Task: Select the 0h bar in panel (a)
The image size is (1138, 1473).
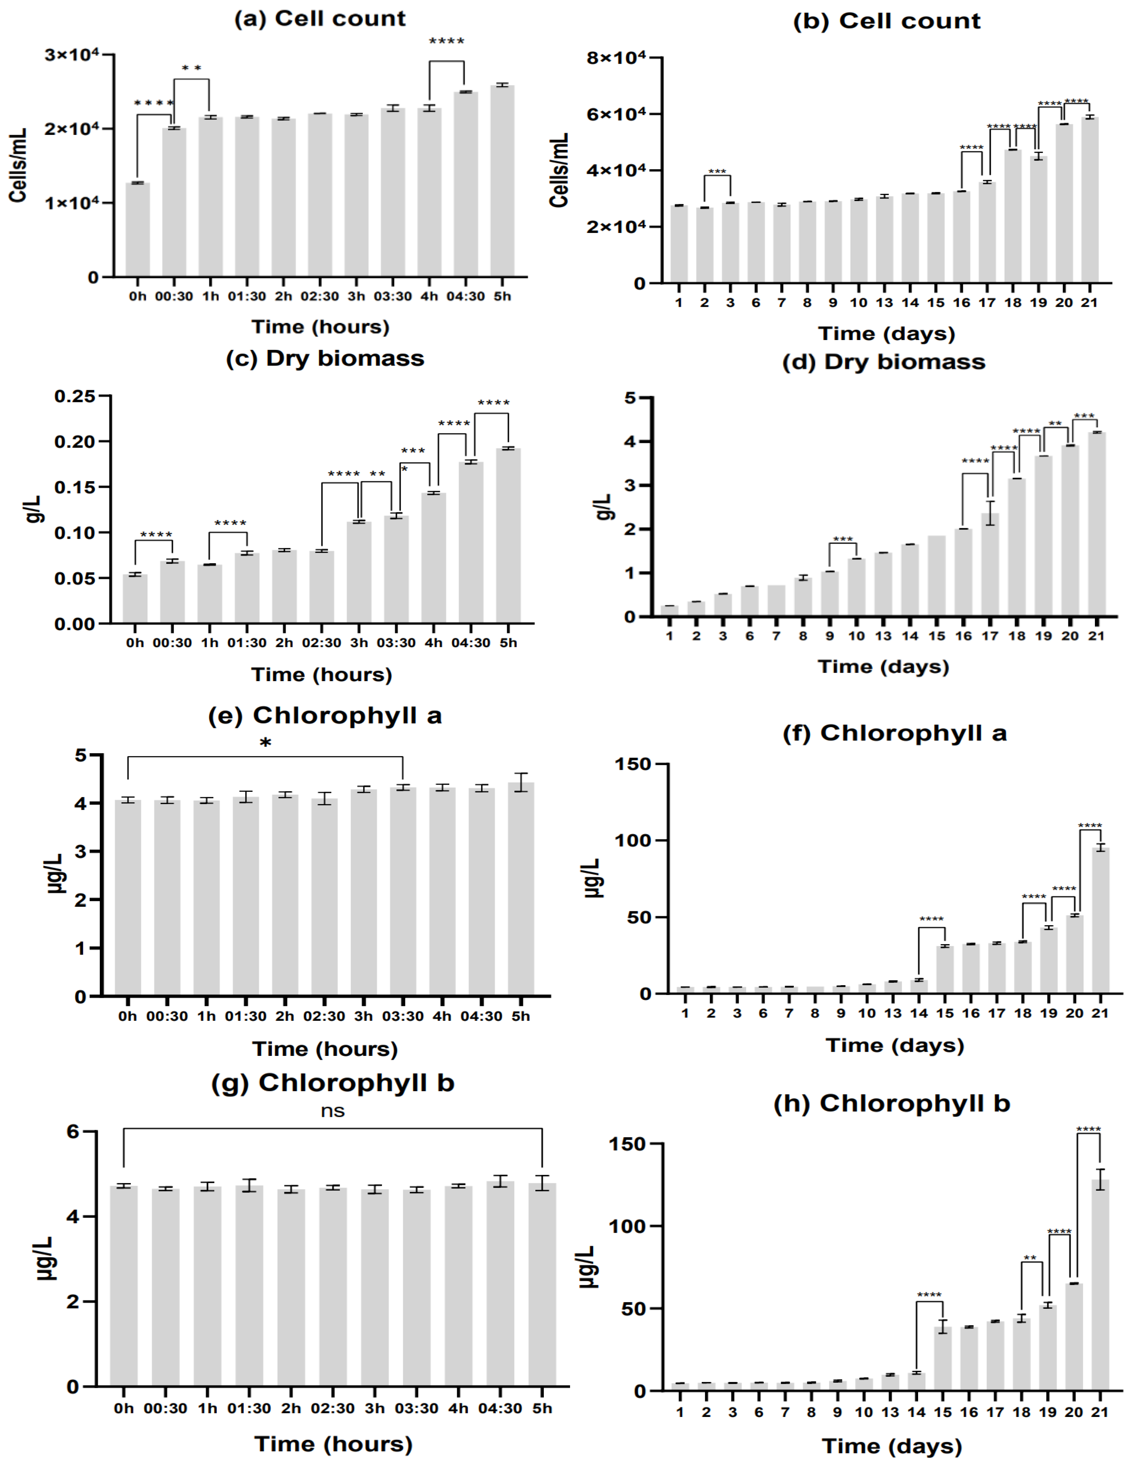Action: point(138,229)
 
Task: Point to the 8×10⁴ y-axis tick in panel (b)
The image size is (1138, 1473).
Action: point(616,58)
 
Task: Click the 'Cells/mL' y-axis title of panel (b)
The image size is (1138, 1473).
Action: point(559,170)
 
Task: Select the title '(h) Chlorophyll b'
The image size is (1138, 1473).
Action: point(891,1104)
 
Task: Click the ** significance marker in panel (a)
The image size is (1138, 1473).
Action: point(192,68)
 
